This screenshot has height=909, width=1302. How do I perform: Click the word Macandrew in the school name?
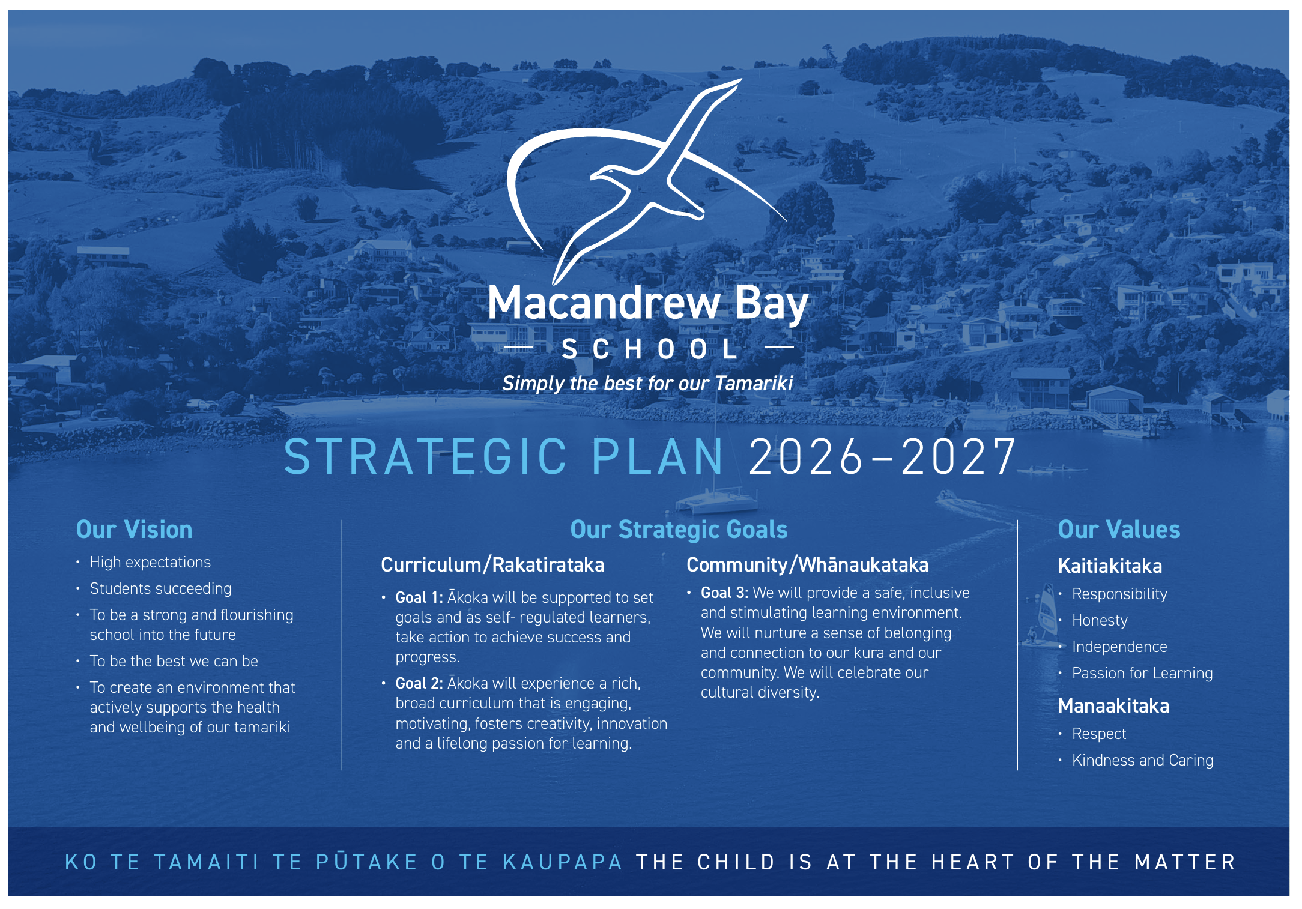(604, 303)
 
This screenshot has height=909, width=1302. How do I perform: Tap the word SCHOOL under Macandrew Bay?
(650, 349)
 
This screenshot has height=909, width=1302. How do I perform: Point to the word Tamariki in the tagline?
(754, 383)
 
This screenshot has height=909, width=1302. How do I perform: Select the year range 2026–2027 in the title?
(882, 457)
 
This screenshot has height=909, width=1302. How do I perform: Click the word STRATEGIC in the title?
(425, 457)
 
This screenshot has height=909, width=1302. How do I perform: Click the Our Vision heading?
(134, 530)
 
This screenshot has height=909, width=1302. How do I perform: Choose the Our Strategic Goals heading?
(679, 530)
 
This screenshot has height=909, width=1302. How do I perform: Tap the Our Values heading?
(1119, 530)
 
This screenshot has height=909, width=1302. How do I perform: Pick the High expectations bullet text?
(150, 562)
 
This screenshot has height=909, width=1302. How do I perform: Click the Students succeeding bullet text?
(160, 588)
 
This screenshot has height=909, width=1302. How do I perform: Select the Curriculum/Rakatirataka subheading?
(492, 565)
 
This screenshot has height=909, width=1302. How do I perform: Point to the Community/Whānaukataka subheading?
(807, 565)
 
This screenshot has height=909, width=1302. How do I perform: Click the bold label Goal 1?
(419, 597)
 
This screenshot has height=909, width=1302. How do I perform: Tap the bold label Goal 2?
(419, 683)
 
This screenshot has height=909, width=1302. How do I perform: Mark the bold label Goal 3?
(724, 593)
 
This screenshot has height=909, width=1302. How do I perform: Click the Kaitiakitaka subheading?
(1110, 566)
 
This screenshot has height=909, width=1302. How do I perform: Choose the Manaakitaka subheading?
(1113, 705)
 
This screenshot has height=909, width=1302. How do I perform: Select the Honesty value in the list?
(1100, 621)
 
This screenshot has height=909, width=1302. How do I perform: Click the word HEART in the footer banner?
(972, 862)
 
